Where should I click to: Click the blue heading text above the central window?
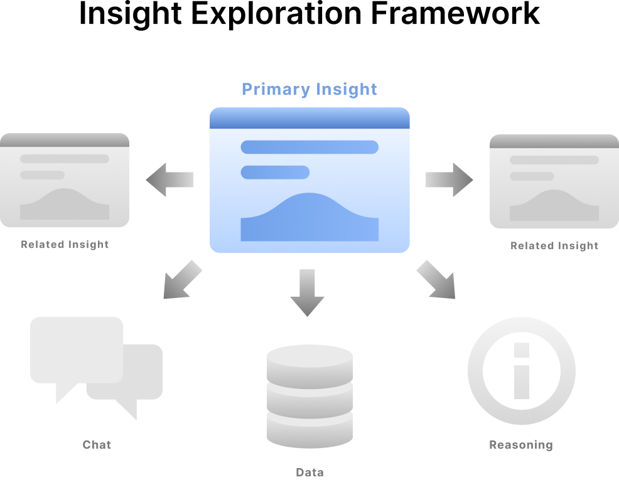pyautogui.click(x=308, y=92)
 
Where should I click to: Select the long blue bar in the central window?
pyautogui.click(x=309, y=147)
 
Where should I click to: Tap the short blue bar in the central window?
pyautogui.click(x=275, y=172)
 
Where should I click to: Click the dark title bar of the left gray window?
pyautogui.click(x=65, y=141)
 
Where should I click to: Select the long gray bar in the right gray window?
pyautogui.click(x=554, y=159)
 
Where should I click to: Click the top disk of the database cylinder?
pyautogui.click(x=309, y=360)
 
